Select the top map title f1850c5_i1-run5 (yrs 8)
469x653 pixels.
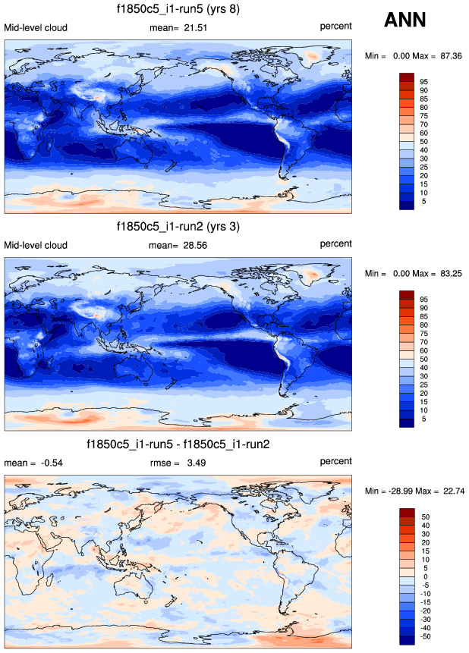[178, 10]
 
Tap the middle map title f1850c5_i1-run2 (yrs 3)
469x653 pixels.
[178, 227]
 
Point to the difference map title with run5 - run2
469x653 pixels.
[178, 444]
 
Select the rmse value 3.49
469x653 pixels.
[198, 462]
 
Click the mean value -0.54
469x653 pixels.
[46, 462]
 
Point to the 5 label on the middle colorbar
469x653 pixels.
[423, 419]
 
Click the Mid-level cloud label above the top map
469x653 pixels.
[36, 28]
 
